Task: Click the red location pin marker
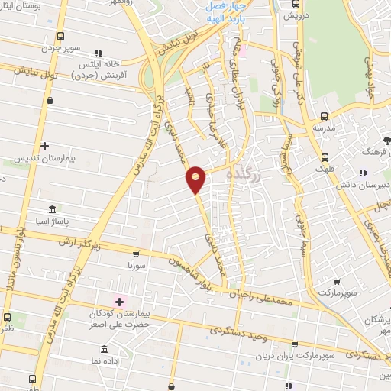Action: pyautogui.click(x=196, y=179)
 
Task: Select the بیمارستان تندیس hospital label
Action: pyautogui.click(x=43, y=161)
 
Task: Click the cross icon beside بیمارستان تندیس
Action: pyautogui.click(x=44, y=146)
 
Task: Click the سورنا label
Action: pyautogui.click(x=136, y=268)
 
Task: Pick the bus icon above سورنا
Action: pyautogui.click(x=136, y=255)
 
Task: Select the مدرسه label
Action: pyautogui.click(x=325, y=128)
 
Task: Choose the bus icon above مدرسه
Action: pyautogui.click(x=325, y=116)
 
